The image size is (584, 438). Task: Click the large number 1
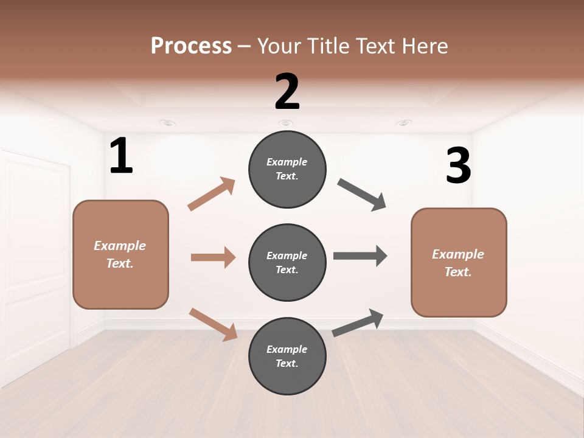click(x=121, y=156)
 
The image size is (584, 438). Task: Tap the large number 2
click(x=287, y=92)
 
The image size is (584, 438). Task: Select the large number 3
click(x=458, y=167)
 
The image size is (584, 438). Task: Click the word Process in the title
click(x=191, y=46)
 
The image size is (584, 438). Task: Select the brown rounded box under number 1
click(x=120, y=254)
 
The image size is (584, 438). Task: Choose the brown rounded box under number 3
click(x=459, y=262)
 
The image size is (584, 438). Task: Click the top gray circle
click(x=287, y=169)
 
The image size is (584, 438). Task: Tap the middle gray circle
click(x=287, y=262)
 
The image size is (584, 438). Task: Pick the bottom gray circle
click(x=287, y=356)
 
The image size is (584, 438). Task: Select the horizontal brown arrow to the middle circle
click(x=213, y=257)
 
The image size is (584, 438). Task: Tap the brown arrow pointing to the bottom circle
click(x=214, y=324)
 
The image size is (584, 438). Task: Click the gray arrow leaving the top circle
click(x=362, y=195)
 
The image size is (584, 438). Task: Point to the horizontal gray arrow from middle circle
click(x=360, y=255)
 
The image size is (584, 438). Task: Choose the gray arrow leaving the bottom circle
click(x=358, y=322)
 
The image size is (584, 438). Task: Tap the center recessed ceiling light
click(x=285, y=123)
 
